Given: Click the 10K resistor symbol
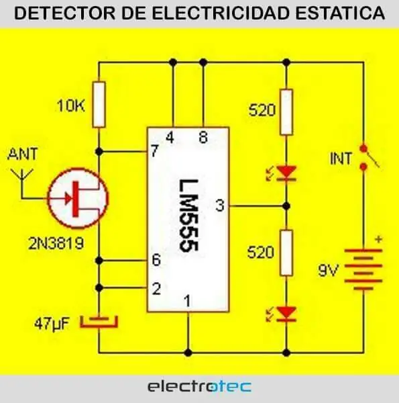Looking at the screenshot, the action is (x=99, y=104).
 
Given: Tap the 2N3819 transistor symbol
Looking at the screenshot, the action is (x=78, y=198).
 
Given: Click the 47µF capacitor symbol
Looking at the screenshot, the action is (x=99, y=322).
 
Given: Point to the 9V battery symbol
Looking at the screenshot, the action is (x=363, y=269).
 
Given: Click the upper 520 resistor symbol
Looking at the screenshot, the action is (x=286, y=112).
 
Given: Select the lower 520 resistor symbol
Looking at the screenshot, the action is (x=286, y=253).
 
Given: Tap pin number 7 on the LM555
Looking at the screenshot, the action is (x=154, y=151).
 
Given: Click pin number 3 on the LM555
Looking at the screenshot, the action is (x=220, y=206).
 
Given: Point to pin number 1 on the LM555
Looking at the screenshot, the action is (x=188, y=301).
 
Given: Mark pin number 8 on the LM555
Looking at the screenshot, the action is (x=203, y=138).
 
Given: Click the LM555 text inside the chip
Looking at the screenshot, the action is (x=188, y=216).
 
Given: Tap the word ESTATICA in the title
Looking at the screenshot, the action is (x=340, y=13).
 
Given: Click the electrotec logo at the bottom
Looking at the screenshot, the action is (x=199, y=387).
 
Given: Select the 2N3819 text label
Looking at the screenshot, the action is (x=56, y=243).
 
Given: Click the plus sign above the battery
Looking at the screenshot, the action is (x=378, y=239).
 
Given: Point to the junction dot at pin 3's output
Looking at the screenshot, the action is (x=286, y=206).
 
